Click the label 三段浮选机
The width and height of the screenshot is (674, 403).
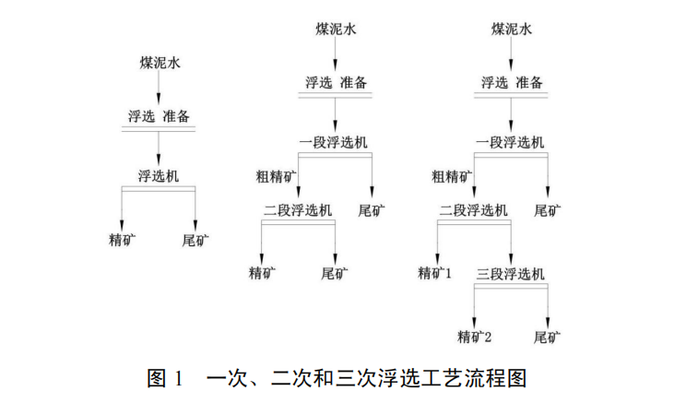point(511,274)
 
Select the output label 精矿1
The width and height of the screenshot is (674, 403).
point(435,273)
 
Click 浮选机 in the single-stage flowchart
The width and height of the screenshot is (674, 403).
point(159,175)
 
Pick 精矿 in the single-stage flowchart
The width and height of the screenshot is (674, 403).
point(123,242)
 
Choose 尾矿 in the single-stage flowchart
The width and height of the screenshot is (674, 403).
point(195,242)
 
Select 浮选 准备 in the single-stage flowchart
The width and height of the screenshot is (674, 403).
point(159,117)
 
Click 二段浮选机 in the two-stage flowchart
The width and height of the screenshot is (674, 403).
point(297,209)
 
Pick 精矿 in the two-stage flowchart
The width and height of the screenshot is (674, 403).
point(262,273)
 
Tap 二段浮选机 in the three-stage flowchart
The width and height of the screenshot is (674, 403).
point(473,209)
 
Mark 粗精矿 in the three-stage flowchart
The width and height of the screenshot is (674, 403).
point(452,175)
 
